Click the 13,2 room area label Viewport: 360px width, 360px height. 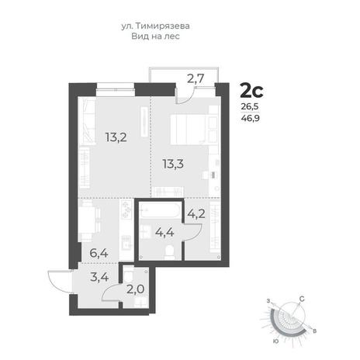(116, 137)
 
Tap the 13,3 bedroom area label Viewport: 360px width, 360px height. (173, 164)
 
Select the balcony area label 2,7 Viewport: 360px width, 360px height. (196, 78)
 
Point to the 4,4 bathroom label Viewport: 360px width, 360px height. (164, 232)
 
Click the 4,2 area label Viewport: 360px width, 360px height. (196, 214)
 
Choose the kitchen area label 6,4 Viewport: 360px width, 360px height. (99, 253)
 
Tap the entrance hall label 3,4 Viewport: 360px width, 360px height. (99, 277)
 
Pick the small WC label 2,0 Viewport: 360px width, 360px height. (135, 289)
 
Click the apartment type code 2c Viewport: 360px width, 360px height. (251, 91)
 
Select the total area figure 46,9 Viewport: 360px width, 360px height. (251, 118)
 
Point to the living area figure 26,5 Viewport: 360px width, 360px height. (250, 106)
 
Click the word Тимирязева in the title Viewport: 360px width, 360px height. (163, 26)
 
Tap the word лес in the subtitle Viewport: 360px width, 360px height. (172, 36)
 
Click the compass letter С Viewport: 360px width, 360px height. (302, 299)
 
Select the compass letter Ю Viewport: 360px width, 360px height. (276, 341)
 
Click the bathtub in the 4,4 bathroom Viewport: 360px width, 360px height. (160, 210)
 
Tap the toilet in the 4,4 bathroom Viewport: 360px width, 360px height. (169, 252)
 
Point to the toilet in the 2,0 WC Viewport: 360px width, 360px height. (128, 275)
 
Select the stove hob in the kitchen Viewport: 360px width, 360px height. (126, 209)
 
